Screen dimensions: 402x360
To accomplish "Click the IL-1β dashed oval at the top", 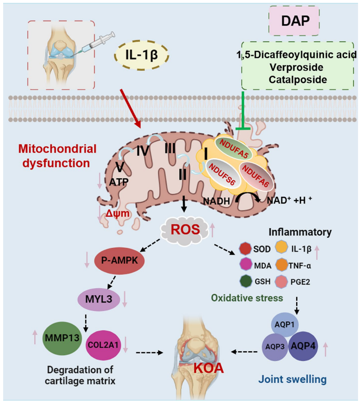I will pyautogui.click(x=142, y=54).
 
